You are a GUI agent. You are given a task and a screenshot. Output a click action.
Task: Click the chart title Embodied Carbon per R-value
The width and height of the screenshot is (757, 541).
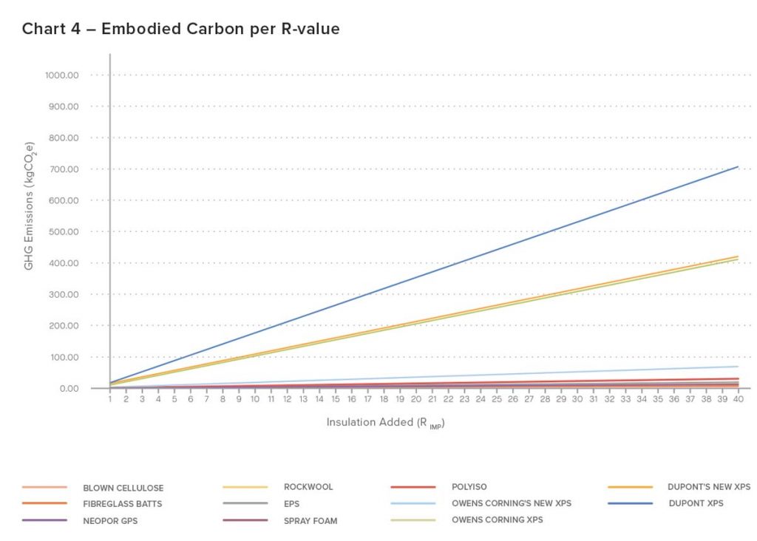(180, 29)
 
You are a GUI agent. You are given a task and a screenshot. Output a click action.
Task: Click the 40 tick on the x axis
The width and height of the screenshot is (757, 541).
(739, 399)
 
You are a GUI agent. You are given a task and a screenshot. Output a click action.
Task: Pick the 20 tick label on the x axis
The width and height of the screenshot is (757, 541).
(416, 399)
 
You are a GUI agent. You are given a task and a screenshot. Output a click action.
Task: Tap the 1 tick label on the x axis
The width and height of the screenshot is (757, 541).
(110, 399)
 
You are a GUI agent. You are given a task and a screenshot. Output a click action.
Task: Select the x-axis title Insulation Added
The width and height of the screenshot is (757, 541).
(385, 423)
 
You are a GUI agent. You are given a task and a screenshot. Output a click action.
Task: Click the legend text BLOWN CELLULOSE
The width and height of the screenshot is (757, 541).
(123, 488)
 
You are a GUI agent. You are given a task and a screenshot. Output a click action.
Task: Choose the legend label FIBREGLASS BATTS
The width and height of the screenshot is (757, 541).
(123, 504)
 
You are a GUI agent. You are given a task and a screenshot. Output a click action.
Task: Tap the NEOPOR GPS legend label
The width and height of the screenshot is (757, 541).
(111, 520)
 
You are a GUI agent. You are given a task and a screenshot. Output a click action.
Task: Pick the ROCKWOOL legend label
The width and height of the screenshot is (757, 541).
(308, 487)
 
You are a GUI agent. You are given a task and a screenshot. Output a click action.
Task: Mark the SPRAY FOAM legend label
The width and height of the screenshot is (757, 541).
(310, 520)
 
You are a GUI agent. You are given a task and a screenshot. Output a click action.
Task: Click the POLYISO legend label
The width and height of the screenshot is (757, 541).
(469, 487)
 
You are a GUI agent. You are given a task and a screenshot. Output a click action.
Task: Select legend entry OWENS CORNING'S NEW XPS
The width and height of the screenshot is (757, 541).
(512, 503)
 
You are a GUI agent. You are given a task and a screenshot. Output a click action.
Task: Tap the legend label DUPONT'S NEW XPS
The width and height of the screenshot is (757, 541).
(709, 486)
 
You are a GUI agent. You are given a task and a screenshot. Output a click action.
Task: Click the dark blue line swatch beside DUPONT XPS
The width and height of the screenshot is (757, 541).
(631, 503)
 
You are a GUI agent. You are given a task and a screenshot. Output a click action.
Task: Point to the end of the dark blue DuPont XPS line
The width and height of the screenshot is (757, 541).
(738, 167)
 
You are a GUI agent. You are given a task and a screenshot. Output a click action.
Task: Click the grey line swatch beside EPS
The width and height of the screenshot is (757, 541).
(245, 503)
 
